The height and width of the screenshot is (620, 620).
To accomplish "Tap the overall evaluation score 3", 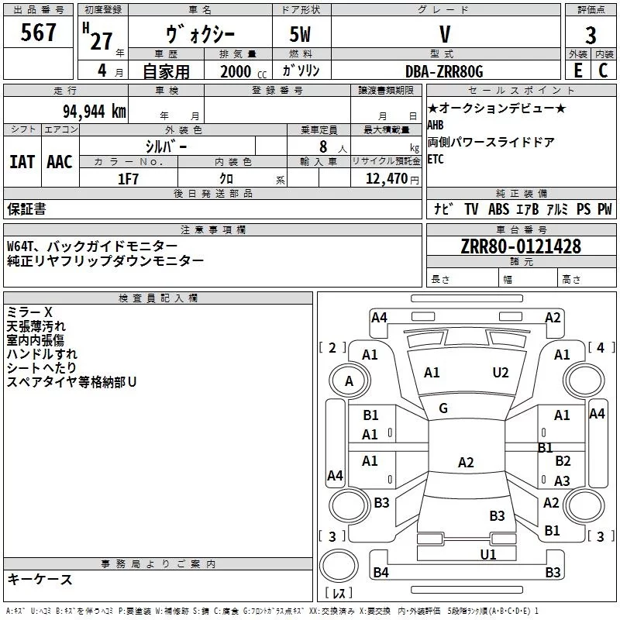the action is [x=591, y=35].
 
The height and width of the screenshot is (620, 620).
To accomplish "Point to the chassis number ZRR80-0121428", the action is [x=520, y=246].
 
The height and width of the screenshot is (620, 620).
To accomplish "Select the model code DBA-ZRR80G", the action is [x=444, y=71].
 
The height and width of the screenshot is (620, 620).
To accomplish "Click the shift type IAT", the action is [x=22, y=162].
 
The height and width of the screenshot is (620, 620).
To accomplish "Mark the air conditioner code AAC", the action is [x=60, y=162].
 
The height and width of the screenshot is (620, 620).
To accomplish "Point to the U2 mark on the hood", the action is [x=501, y=373].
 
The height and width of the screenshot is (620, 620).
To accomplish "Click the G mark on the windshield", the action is [x=443, y=408].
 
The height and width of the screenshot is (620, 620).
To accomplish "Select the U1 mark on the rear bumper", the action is [x=487, y=554].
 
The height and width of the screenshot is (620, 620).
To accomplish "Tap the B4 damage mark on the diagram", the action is [x=381, y=573].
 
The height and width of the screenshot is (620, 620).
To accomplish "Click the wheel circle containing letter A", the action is [x=349, y=381].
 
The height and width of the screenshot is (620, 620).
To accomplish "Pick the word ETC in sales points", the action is [x=436, y=160].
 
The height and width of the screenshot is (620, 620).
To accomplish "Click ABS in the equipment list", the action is [x=499, y=209].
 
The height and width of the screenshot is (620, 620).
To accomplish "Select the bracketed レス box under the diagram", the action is [x=338, y=594].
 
